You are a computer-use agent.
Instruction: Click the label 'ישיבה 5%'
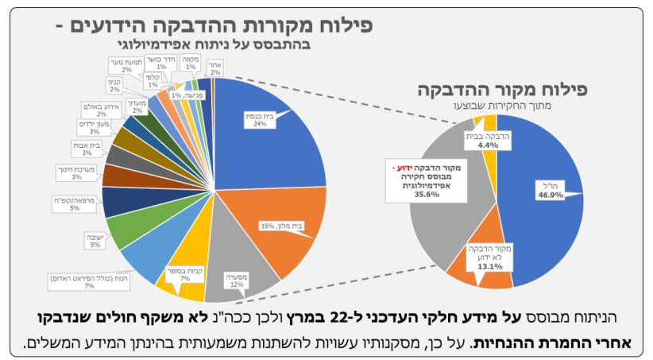point(95,241)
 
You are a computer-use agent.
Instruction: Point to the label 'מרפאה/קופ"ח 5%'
point(84,204)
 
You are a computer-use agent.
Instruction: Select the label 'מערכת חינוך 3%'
point(75,172)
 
